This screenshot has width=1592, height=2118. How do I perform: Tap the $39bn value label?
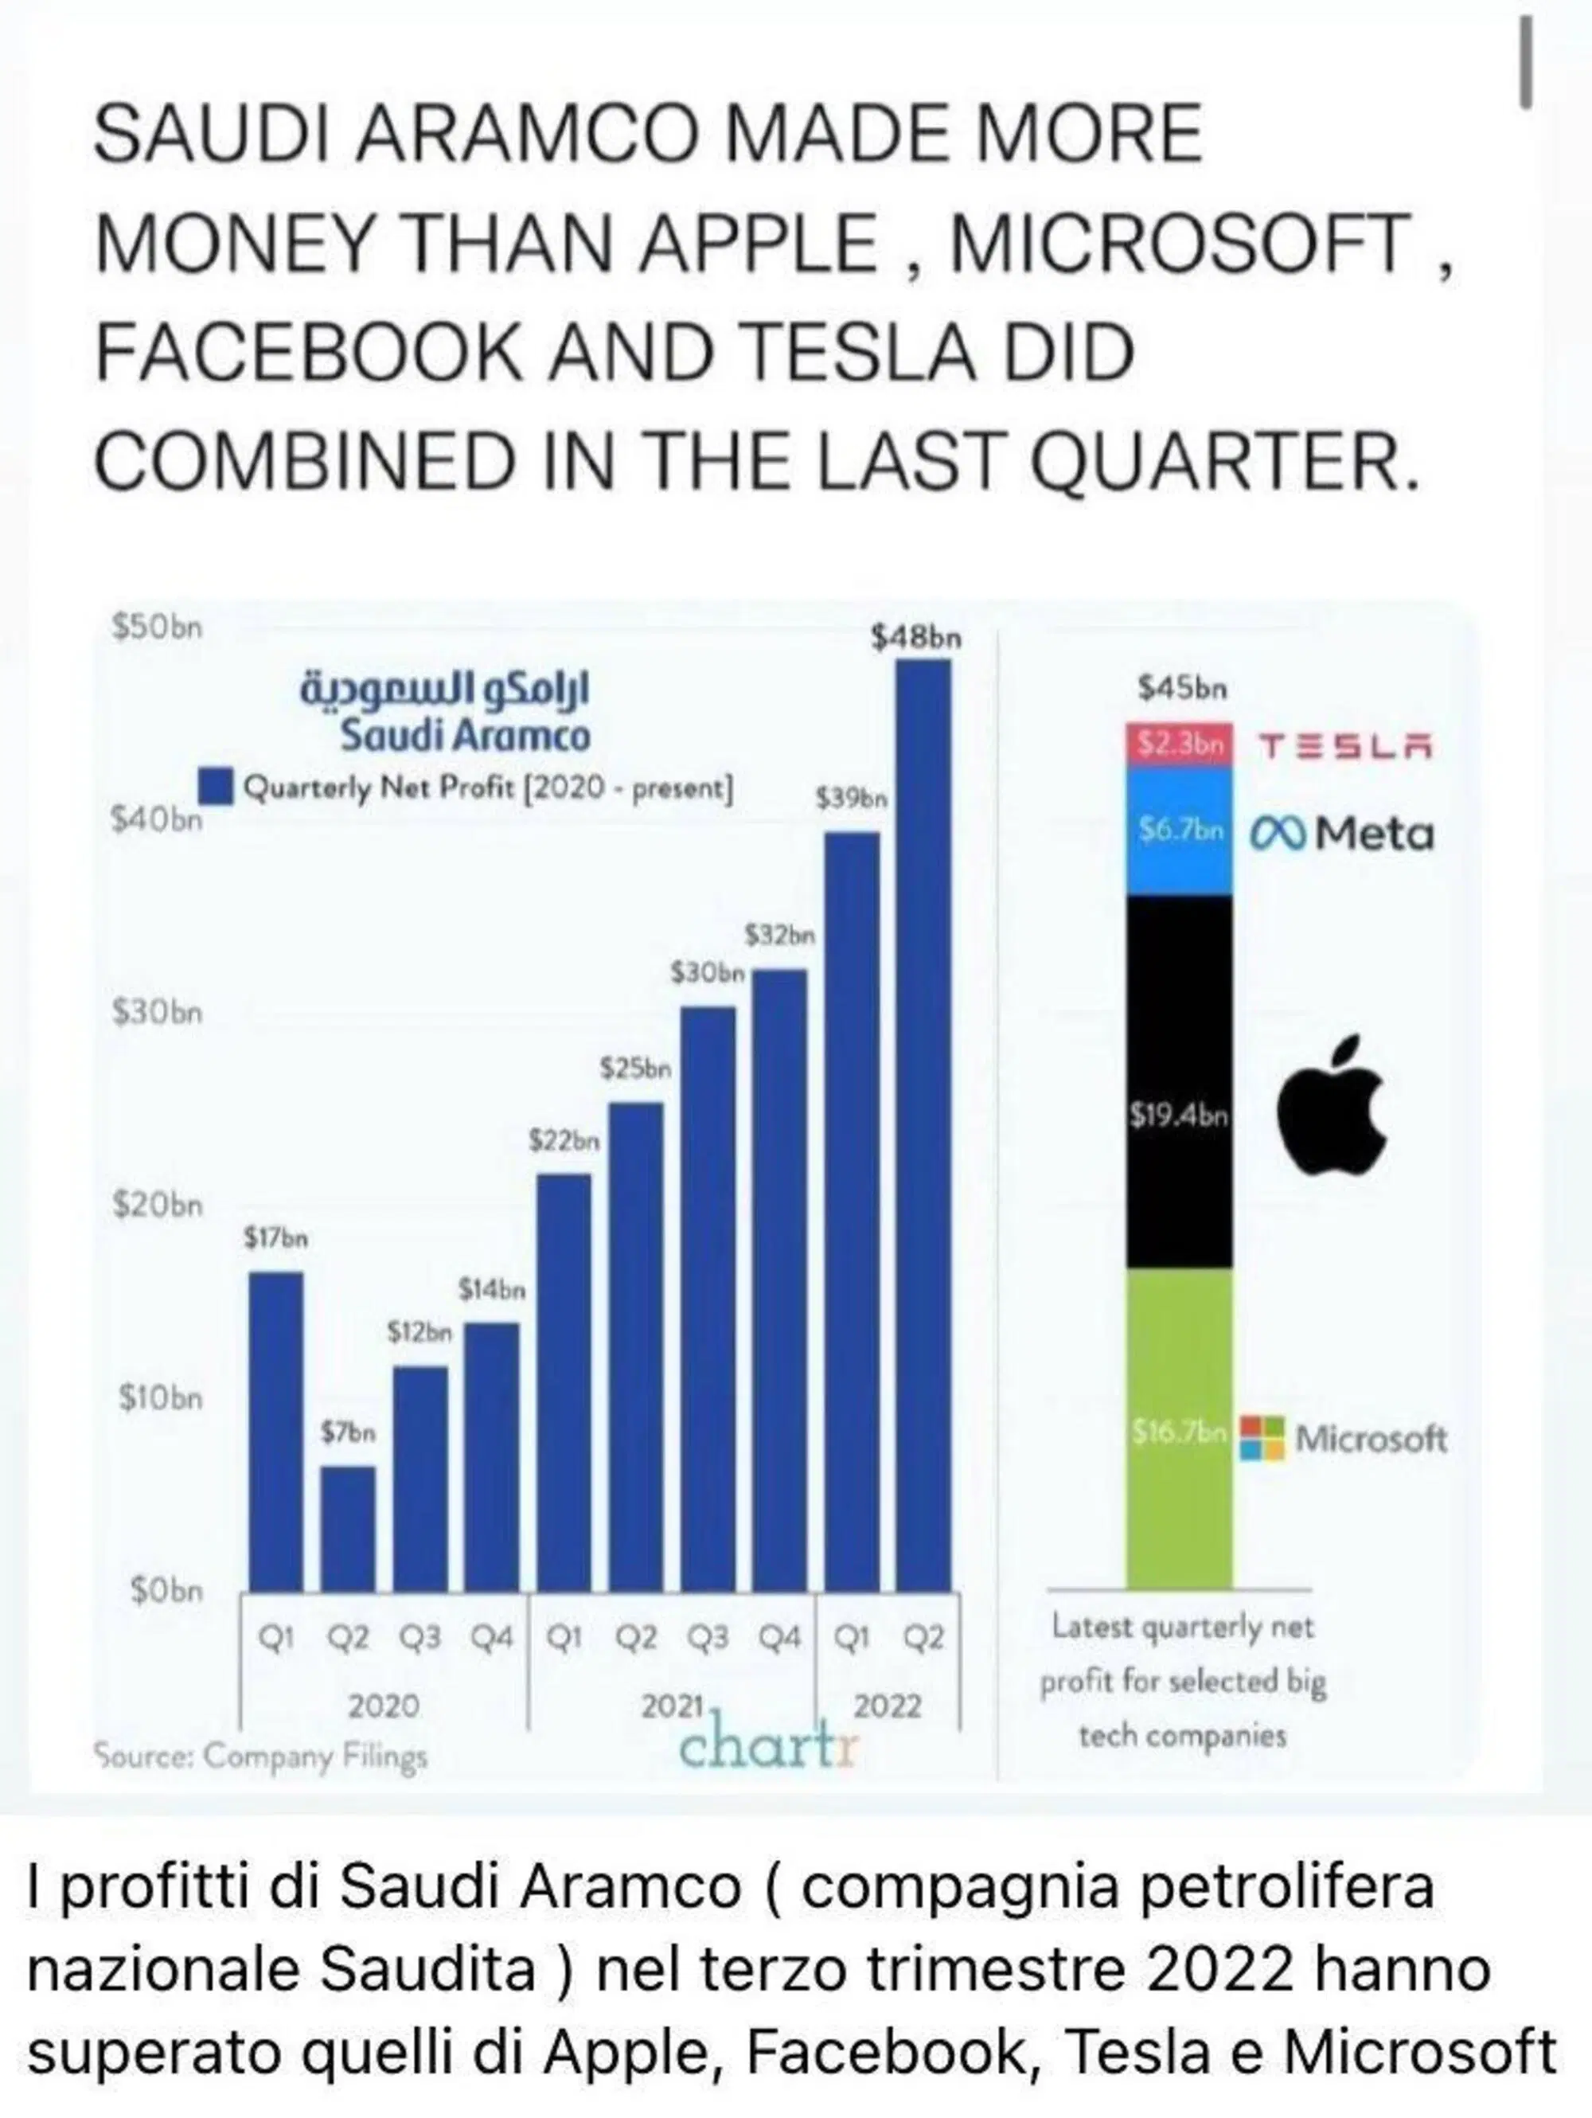[851, 798]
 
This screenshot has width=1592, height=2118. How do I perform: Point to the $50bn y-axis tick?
[158, 627]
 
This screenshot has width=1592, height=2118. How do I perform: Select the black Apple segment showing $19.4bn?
[1178, 1082]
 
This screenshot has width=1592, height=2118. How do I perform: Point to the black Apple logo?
[1332, 1104]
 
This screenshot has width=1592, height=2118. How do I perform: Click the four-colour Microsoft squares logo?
[1262, 1438]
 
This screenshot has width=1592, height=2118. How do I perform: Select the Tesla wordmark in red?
[1344, 746]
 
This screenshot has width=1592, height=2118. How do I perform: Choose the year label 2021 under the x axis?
[671, 1706]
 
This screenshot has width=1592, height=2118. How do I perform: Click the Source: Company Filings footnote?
[260, 1757]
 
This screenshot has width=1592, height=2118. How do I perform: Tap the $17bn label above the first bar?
[275, 1239]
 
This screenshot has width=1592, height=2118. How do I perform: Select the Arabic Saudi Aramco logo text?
[445, 690]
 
